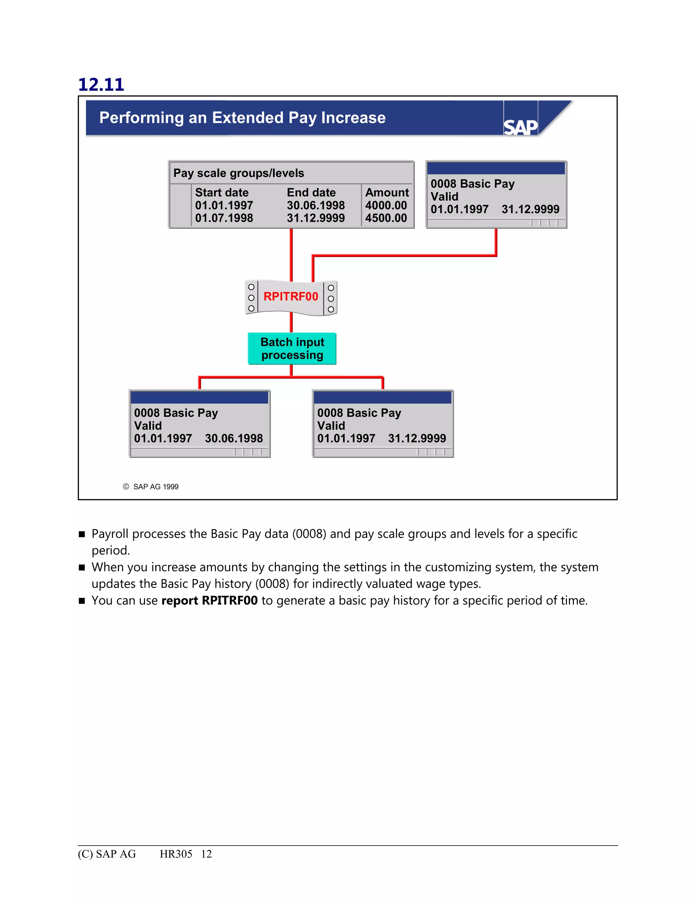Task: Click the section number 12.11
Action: click(x=101, y=85)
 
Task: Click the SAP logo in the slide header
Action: click(x=520, y=127)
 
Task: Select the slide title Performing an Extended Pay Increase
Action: click(x=242, y=118)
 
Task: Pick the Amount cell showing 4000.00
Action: click(x=386, y=205)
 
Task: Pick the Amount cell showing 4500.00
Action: click(x=386, y=218)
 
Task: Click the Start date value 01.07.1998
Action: click(x=224, y=218)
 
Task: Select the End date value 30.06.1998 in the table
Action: click(x=316, y=205)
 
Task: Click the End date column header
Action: click(x=311, y=193)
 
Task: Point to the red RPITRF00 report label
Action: click(x=291, y=296)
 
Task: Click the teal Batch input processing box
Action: click(x=292, y=348)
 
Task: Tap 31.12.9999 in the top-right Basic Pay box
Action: click(x=530, y=209)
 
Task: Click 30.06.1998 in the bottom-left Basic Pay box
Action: click(x=234, y=439)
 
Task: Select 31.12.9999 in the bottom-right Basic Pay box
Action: click(x=417, y=439)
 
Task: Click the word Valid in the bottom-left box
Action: click(x=147, y=426)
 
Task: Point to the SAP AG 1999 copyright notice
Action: click(x=151, y=487)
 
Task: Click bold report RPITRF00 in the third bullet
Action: click(x=209, y=601)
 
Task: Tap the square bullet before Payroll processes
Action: click(x=82, y=534)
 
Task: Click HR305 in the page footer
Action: click(x=176, y=854)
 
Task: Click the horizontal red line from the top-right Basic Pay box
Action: click(x=404, y=256)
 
